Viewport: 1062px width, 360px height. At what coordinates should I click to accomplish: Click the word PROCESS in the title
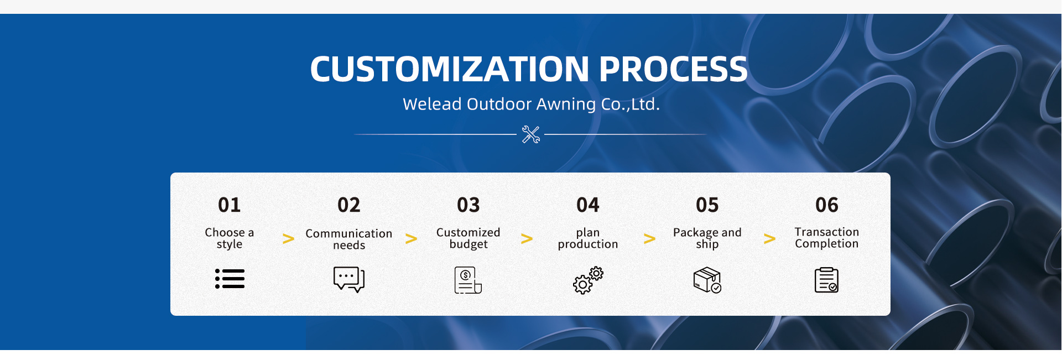coord(673,69)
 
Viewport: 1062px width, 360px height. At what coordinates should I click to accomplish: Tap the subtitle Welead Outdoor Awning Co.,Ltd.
coord(531,104)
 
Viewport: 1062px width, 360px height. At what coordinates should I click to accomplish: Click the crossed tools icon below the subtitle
coord(531,134)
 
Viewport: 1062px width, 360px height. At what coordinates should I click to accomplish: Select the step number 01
coord(230,205)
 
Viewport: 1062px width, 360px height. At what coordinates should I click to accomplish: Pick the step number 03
coord(468,205)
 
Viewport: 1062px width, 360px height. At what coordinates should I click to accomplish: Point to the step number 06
coord(827,205)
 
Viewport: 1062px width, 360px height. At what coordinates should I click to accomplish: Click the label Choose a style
coord(230,238)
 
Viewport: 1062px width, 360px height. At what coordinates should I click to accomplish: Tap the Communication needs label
coord(349,239)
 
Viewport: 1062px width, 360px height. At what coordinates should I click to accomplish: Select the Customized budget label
coord(468,238)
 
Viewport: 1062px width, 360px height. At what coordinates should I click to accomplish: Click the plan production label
coord(588,238)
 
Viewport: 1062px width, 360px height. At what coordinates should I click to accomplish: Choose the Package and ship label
coord(707,238)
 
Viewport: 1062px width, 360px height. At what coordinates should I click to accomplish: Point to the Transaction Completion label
coord(827,238)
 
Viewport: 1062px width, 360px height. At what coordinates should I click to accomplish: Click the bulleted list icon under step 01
coord(230,279)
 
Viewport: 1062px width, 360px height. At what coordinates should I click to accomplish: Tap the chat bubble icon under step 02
coord(349,279)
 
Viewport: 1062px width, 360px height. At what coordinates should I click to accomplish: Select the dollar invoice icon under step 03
coord(468,280)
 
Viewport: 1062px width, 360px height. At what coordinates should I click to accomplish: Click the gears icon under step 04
coord(588,280)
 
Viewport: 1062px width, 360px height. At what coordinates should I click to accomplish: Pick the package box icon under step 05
coord(707,280)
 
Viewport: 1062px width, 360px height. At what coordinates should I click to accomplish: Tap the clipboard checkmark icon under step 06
coord(826,280)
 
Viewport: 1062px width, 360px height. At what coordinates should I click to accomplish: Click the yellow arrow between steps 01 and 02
coord(288,239)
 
